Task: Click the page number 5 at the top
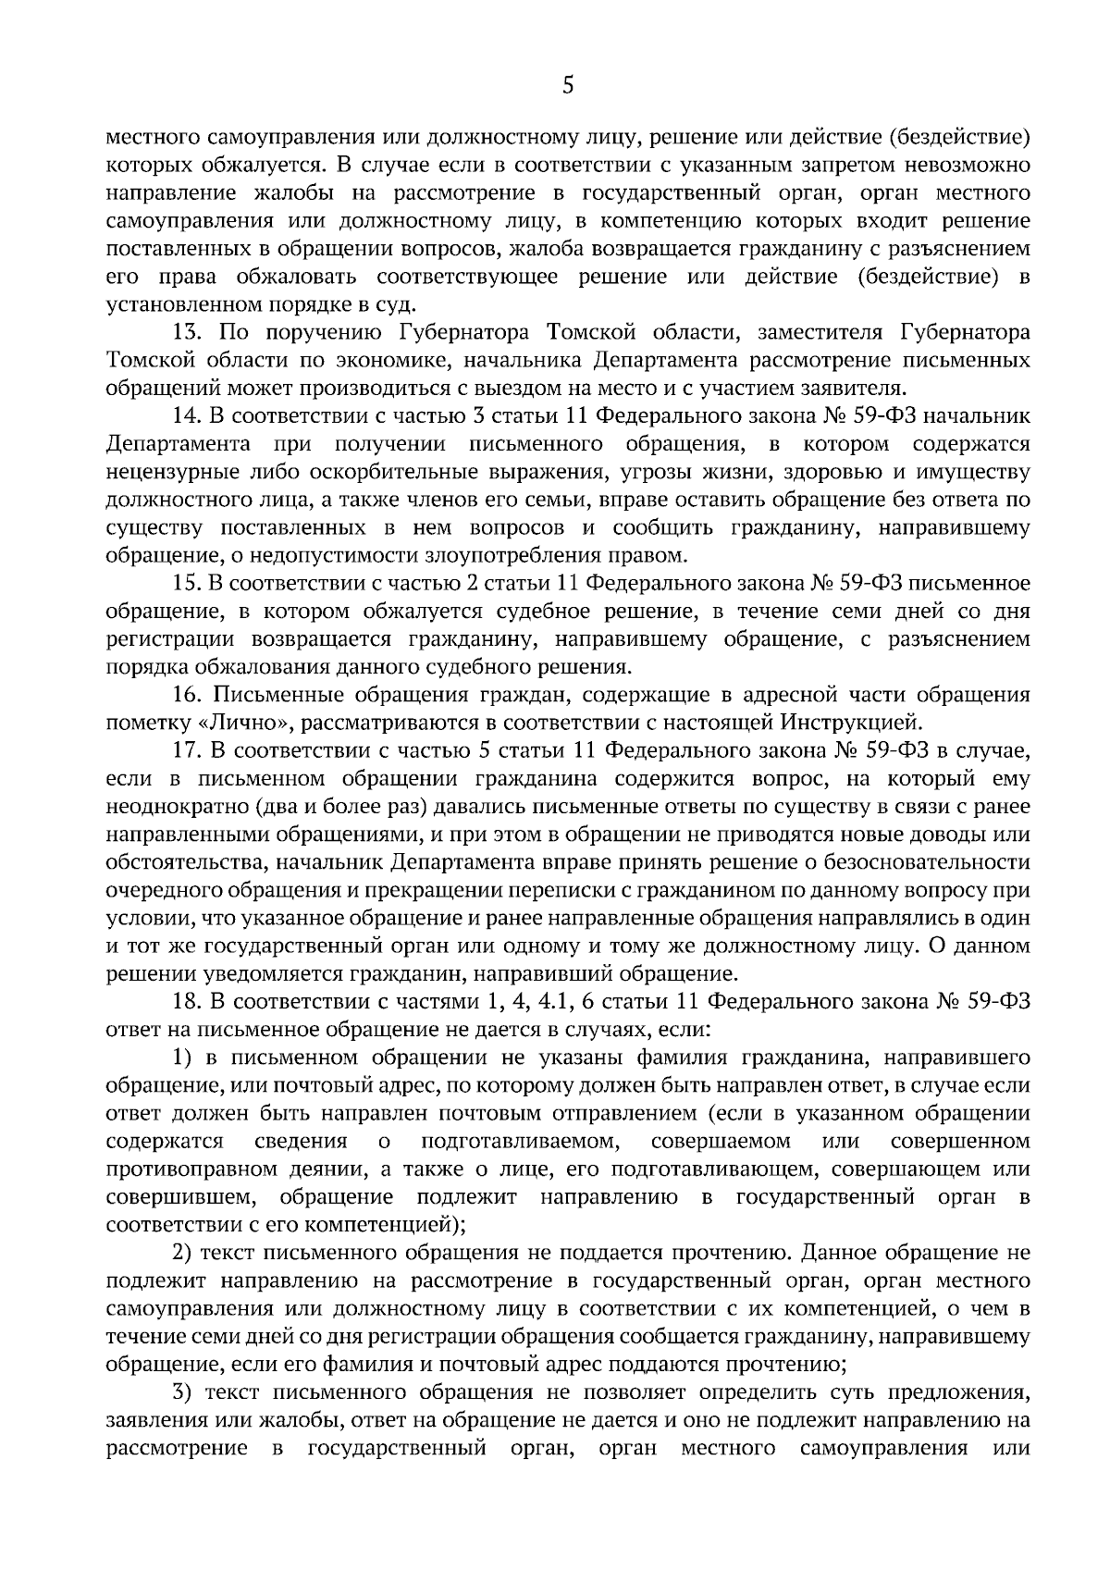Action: (568, 86)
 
